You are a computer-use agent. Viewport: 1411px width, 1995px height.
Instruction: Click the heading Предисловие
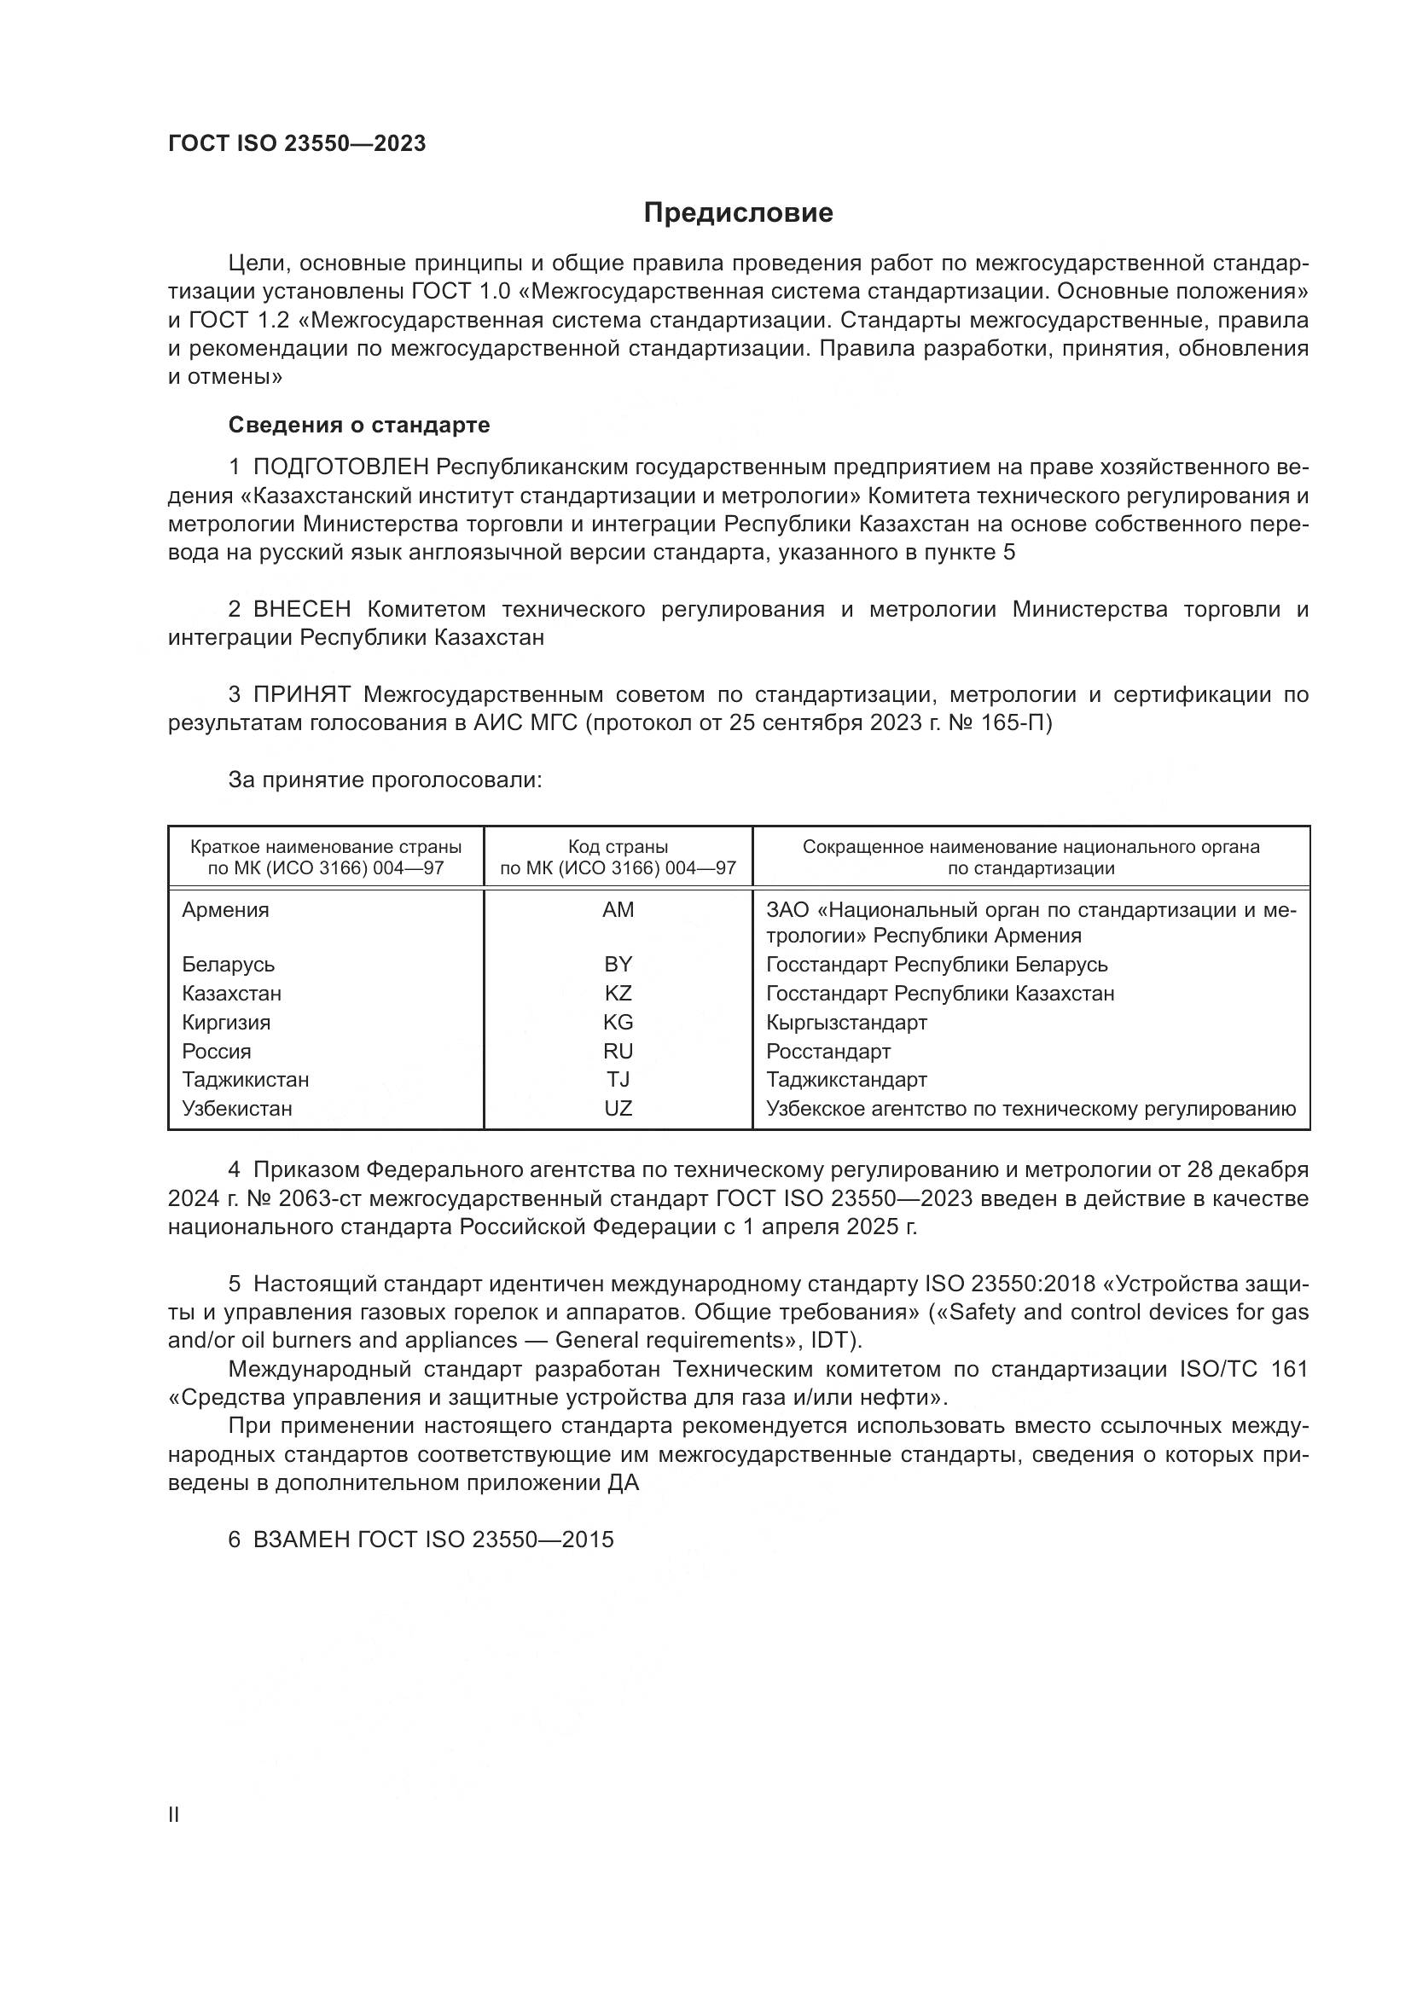pos(738,213)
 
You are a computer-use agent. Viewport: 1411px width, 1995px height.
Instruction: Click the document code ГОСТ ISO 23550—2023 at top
pos(296,143)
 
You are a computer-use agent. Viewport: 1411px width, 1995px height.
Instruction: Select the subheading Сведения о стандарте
pos(359,425)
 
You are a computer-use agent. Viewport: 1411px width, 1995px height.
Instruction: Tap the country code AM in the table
pos(618,910)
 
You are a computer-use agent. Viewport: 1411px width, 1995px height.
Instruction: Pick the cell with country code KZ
pos(618,993)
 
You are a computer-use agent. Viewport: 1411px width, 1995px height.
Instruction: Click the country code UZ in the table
pos(618,1109)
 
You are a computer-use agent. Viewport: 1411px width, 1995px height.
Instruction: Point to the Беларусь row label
pos(228,965)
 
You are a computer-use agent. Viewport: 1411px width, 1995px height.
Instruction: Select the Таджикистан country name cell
pos(245,1080)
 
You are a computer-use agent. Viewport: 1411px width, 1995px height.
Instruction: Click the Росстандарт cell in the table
pos(828,1052)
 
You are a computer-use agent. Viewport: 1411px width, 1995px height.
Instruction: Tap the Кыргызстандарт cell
pos(846,1023)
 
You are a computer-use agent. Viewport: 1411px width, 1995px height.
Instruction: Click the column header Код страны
pos(618,846)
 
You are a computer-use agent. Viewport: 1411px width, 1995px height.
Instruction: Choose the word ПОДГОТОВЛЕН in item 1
pos(340,467)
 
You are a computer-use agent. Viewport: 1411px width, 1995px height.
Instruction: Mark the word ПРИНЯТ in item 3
pos(301,694)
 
